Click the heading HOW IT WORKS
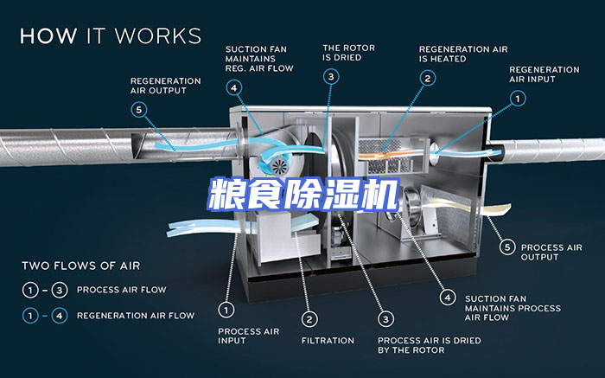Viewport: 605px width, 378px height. coord(111,36)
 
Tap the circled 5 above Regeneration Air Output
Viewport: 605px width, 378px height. coord(139,110)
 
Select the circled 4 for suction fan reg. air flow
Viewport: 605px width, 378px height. coord(234,86)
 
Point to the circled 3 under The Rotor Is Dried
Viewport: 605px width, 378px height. coord(331,77)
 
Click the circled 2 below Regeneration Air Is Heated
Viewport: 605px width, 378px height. coord(427,78)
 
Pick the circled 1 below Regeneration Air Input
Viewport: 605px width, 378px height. coord(517,99)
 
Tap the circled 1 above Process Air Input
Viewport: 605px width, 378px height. coord(226,308)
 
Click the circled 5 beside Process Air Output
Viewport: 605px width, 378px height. coord(508,247)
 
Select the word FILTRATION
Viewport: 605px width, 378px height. coord(328,341)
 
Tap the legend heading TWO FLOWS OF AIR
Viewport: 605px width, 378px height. coord(80,266)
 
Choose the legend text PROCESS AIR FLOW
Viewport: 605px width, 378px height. coord(121,290)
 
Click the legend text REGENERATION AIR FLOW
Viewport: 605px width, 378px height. coord(136,316)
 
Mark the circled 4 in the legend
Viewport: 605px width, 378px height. coord(59,316)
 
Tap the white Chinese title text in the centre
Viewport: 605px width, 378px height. coord(302,193)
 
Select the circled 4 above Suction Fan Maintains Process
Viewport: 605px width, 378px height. coord(447,297)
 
